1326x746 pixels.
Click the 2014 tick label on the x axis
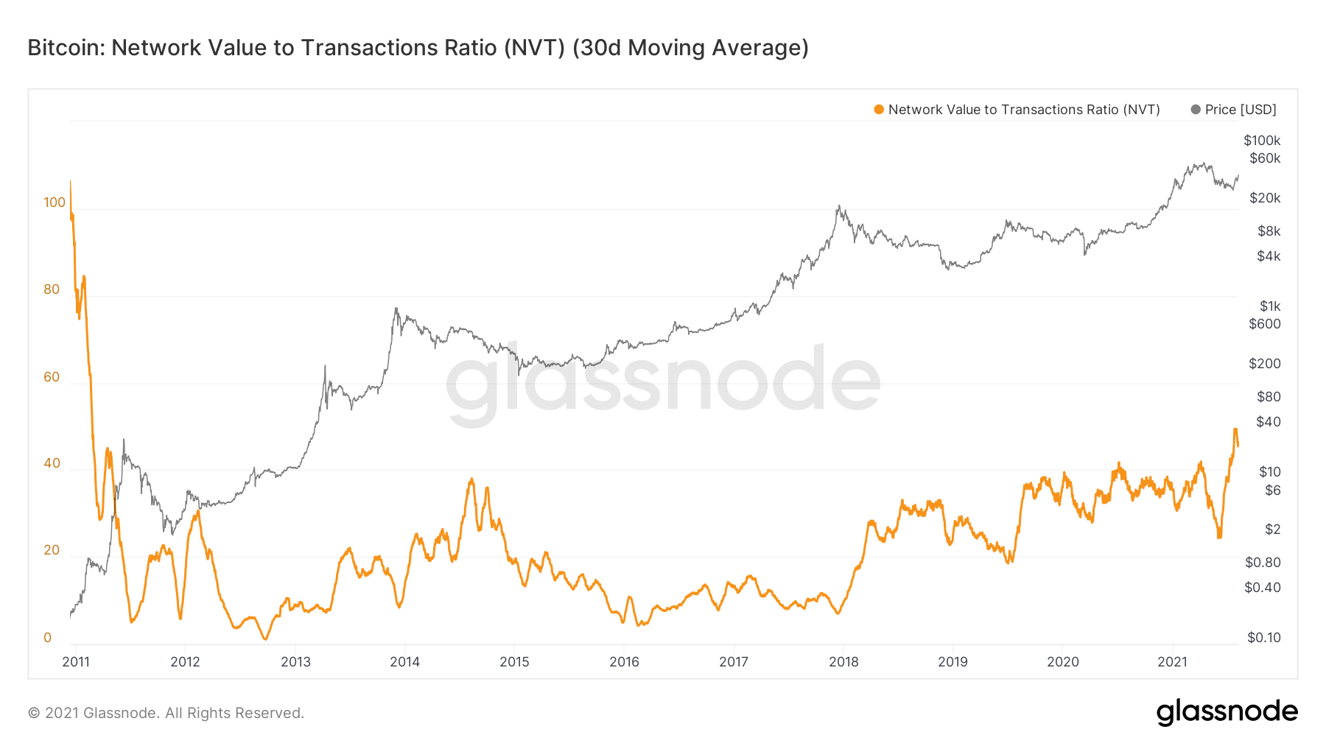pos(404,661)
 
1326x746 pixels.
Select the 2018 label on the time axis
pos(843,661)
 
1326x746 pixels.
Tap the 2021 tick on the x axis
pos(1172,661)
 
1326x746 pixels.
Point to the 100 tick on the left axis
pos(54,203)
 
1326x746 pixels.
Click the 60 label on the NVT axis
pos(51,377)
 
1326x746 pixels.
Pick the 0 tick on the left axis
pos(48,638)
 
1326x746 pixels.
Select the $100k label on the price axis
pos(1262,140)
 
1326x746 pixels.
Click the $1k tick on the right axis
pos(1270,306)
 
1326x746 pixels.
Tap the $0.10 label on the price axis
pos(1264,637)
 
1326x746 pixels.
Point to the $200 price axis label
pos(1265,363)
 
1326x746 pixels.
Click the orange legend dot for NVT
pos(879,110)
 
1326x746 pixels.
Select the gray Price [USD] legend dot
pos(1196,110)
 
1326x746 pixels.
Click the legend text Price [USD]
pos(1241,110)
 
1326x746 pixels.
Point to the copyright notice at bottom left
pos(166,713)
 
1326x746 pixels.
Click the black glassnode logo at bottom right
pos(1227,712)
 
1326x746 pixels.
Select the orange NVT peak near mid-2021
pos(1235,429)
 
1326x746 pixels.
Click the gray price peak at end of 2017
pos(838,207)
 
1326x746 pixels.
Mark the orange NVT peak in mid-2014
pos(471,479)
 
